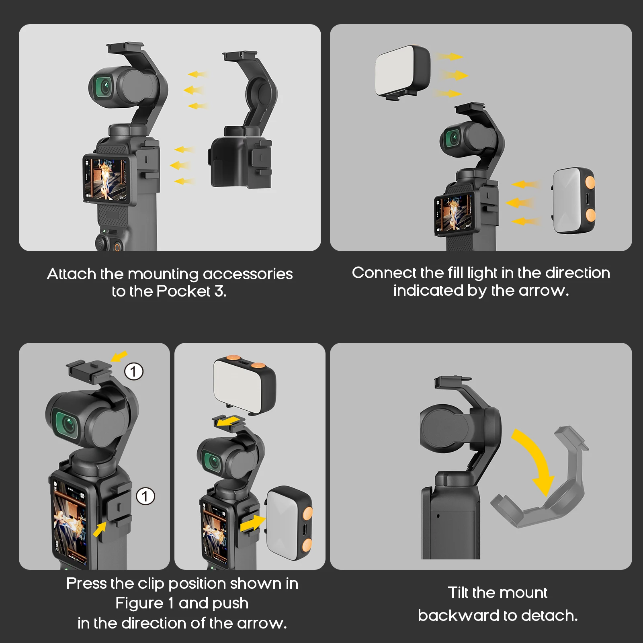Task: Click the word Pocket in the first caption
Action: [183, 291]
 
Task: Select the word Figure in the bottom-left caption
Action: [139, 603]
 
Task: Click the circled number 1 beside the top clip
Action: [133, 371]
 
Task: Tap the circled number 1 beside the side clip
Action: [145, 496]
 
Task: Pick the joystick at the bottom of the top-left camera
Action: [101, 242]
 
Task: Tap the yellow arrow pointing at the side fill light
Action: [252, 524]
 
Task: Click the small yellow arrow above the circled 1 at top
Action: [119, 356]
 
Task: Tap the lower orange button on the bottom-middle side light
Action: [307, 545]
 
